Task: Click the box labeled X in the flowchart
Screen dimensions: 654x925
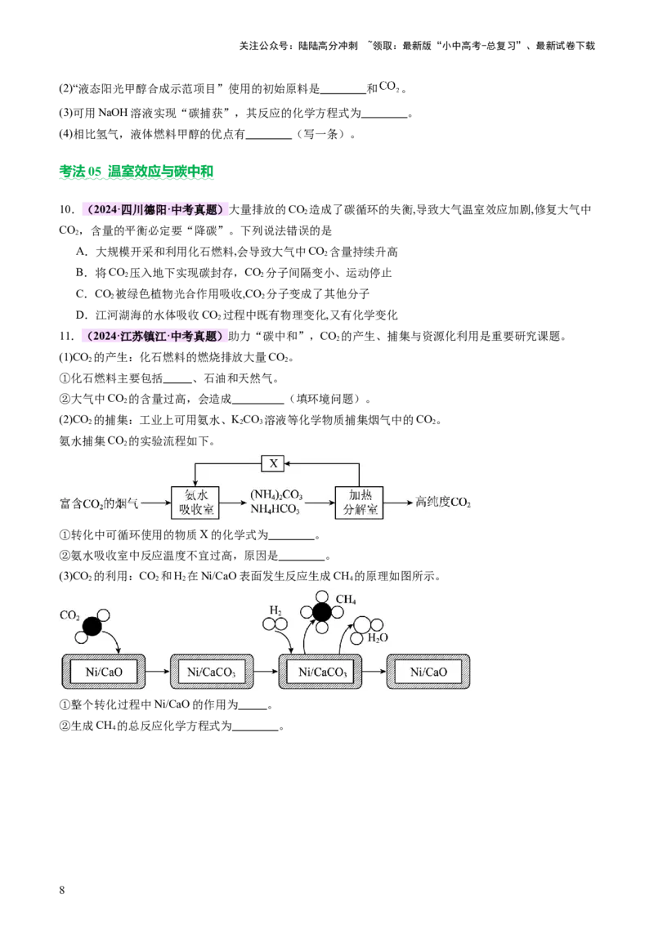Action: coord(273,463)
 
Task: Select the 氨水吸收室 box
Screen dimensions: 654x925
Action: coord(196,503)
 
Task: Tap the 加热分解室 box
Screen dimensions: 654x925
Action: coord(359,503)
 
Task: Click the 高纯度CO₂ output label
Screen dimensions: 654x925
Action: coord(443,502)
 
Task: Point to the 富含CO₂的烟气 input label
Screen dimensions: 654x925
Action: coord(99,503)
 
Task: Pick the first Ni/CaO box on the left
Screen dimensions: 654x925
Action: coord(104,672)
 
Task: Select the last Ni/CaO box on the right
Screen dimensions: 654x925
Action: coord(428,672)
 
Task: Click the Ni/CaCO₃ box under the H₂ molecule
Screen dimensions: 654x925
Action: coord(320,672)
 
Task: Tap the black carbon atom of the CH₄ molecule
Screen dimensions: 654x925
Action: coord(322,612)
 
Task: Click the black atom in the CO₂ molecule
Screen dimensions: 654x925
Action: coord(92,626)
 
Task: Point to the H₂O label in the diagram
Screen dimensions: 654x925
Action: coord(378,637)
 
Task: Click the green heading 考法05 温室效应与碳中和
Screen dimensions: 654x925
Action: coord(137,172)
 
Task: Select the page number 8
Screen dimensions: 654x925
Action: coord(62,890)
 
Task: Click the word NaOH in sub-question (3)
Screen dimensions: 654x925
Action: coord(113,113)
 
